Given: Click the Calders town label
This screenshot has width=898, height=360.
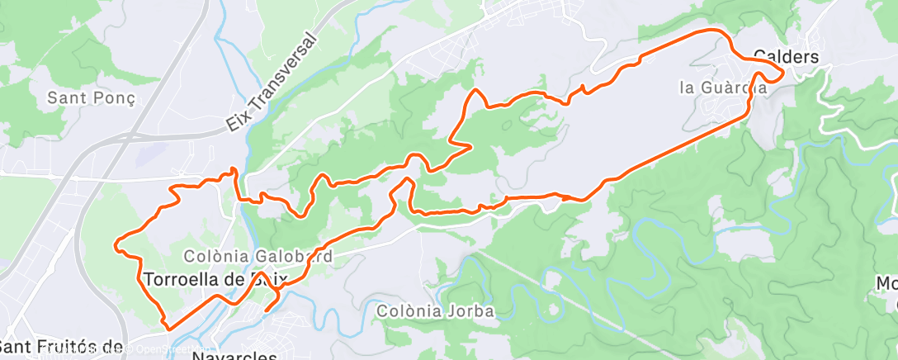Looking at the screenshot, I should click(786, 57).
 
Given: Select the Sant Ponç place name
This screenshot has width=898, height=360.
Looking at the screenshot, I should click(91, 97).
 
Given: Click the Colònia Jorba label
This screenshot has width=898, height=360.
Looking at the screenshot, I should click(435, 311).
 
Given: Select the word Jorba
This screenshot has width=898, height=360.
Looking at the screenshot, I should click(473, 311).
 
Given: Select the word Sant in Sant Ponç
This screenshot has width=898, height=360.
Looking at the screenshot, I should click(67, 97).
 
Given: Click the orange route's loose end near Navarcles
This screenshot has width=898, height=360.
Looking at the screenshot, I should click(266, 310).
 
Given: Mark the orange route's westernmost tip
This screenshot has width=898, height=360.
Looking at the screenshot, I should click(116, 244).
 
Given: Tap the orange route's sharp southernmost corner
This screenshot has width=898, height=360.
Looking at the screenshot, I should click(170, 329).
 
